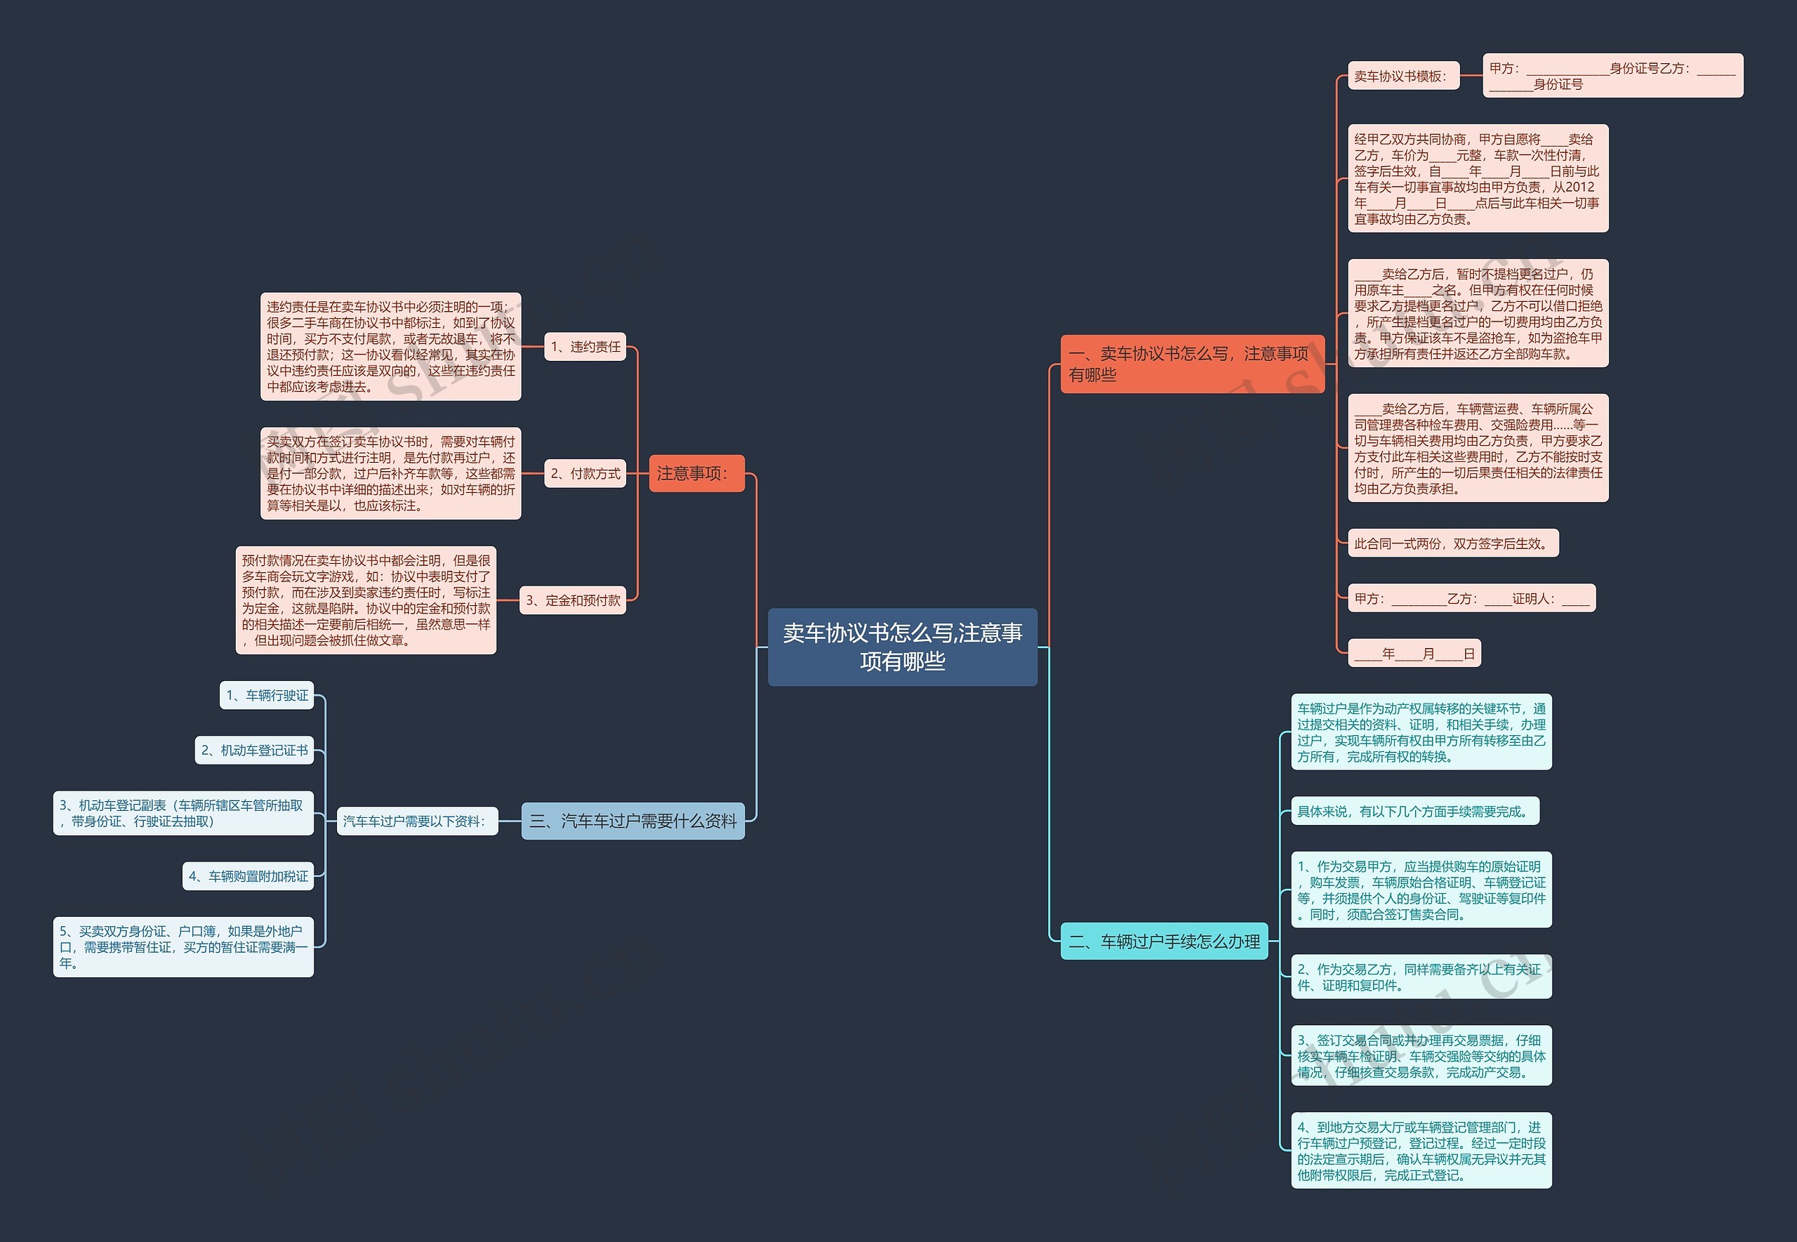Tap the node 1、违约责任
coord(585,347)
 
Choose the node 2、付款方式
coord(585,473)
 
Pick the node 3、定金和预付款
coord(573,600)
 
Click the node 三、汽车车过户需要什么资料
coord(632,821)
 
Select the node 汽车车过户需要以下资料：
coord(416,821)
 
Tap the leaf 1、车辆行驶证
coord(267,695)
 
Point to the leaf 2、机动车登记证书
coord(254,750)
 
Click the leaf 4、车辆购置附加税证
coord(248,876)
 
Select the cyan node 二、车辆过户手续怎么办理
coord(1164,942)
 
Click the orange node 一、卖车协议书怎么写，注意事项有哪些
coord(1192,364)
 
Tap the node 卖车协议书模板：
coord(1403,77)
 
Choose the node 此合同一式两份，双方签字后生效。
coord(1452,543)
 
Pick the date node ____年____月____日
coord(1414,654)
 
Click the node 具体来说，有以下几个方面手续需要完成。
coord(1414,812)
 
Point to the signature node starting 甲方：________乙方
coord(1471,598)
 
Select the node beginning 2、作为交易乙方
coord(1421,977)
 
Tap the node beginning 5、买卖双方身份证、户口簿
coord(183,947)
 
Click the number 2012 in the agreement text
coord(1579,187)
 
